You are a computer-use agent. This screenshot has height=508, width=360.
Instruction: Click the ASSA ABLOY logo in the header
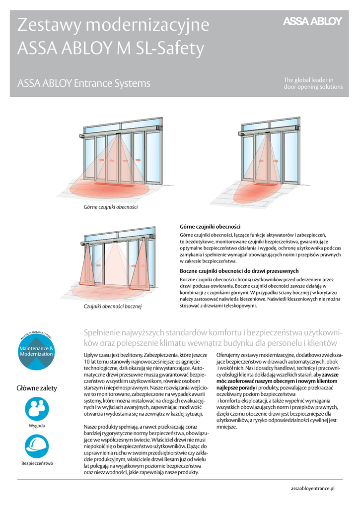coord(312,21)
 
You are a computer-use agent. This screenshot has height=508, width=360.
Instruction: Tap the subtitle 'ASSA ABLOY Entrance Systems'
coord(83,83)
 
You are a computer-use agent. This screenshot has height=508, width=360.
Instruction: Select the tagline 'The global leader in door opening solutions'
coord(313,83)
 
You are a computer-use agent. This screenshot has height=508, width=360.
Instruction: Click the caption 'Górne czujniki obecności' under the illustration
coord(110,206)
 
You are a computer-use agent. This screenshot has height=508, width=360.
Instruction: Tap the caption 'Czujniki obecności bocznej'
coord(113,307)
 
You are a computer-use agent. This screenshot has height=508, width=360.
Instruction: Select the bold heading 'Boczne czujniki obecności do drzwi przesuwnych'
coord(239,271)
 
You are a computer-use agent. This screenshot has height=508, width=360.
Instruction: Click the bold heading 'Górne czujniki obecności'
coord(210,226)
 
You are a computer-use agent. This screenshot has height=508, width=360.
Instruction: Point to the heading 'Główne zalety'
coord(37,388)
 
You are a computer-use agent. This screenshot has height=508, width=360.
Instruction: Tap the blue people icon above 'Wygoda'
coord(36,408)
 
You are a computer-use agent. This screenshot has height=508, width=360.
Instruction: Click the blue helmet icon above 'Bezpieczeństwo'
coord(36,445)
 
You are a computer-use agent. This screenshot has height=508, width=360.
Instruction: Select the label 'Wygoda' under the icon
coord(37,426)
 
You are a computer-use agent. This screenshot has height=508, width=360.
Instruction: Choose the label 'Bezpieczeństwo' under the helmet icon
coord(37,463)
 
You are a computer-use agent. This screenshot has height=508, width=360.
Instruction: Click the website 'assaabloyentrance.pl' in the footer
coord(312,489)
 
